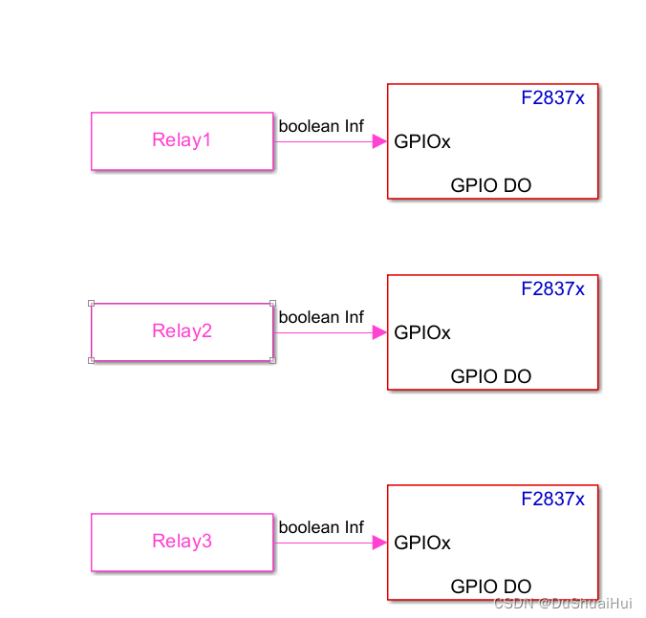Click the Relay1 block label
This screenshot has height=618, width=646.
coord(182,140)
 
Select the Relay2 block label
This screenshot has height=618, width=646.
coord(182,331)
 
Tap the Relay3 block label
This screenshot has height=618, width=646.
coord(182,542)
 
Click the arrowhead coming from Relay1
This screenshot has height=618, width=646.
coord(378,141)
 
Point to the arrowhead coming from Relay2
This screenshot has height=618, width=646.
coord(378,332)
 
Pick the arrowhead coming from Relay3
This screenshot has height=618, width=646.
coord(378,543)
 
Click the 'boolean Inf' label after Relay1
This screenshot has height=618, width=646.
coord(321,126)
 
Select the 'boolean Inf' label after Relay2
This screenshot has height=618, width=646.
coord(321,317)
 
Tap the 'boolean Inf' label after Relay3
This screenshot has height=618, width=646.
coord(321,527)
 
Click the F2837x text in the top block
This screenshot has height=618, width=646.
coord(552,97)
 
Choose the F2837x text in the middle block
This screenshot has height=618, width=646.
coord(552,288)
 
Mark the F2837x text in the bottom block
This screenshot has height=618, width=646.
coord(552,499)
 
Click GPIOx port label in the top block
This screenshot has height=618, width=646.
coord(422,141)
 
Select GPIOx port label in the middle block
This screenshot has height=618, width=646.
coord(422,332)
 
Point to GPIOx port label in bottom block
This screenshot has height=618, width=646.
coord(422,543)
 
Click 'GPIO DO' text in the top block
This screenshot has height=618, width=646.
coord(491,185)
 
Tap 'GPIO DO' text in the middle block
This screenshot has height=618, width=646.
coord(491,376)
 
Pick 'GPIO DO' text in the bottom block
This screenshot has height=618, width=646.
coord(491,586)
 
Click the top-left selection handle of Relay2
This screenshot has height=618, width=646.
coord(92,303)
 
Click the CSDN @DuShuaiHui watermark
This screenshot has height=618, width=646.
coord(563,603)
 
